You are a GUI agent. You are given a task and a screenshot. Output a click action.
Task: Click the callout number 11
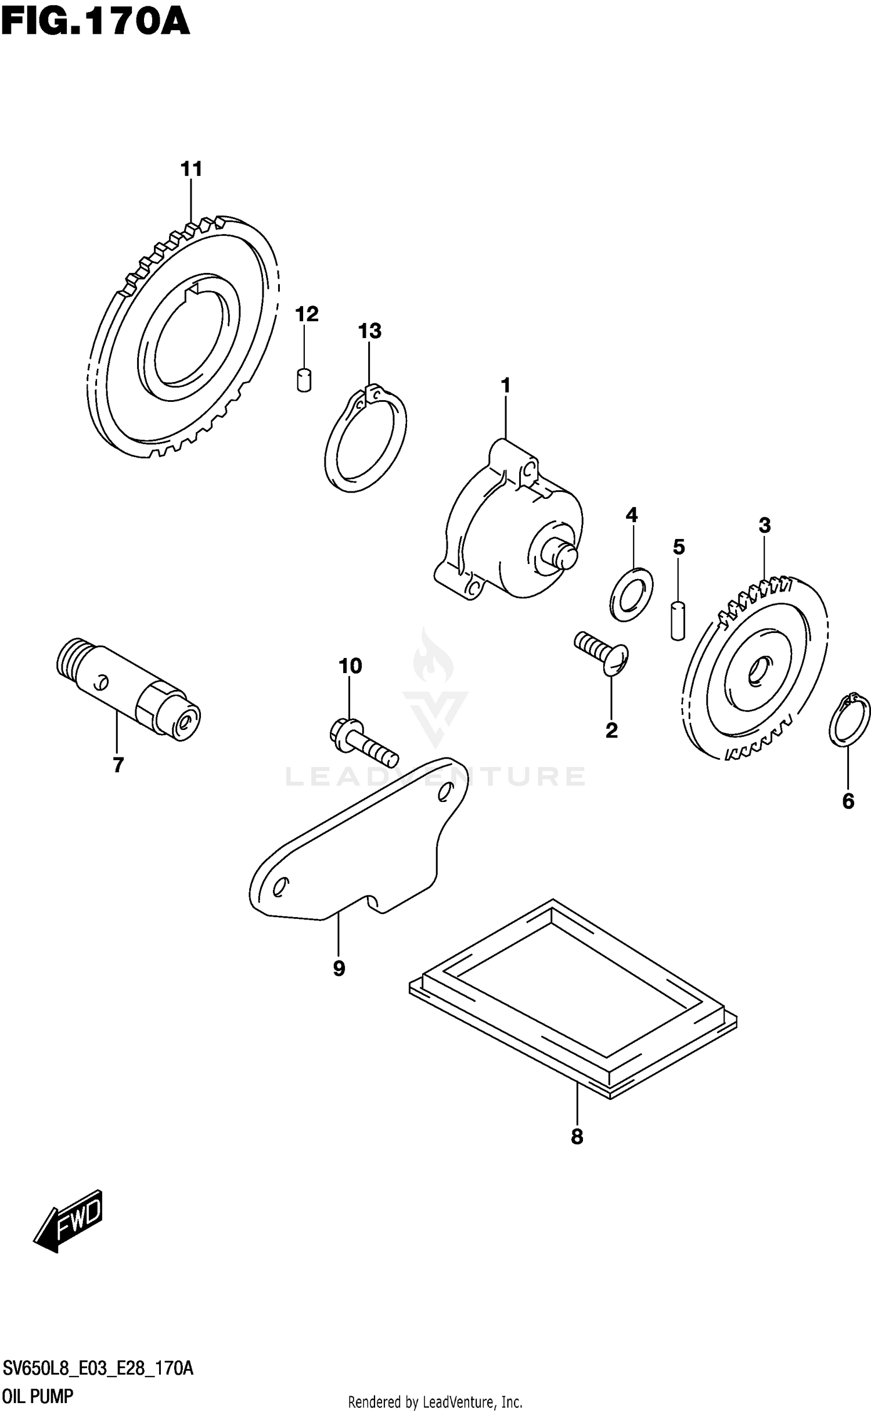(x=191, y=170)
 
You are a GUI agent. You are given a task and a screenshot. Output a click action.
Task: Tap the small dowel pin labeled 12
(x=303, y=380)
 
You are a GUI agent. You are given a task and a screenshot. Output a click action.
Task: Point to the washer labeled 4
(x=632, y=594)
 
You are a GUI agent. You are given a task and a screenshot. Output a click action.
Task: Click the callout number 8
(x=577, y=1137)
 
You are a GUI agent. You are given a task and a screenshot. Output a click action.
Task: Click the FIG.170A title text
(x=96, y=22)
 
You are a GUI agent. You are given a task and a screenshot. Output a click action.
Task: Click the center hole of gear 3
(x=758, y=671)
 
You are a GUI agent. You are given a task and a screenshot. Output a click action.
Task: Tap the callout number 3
(x=764, y=526)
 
